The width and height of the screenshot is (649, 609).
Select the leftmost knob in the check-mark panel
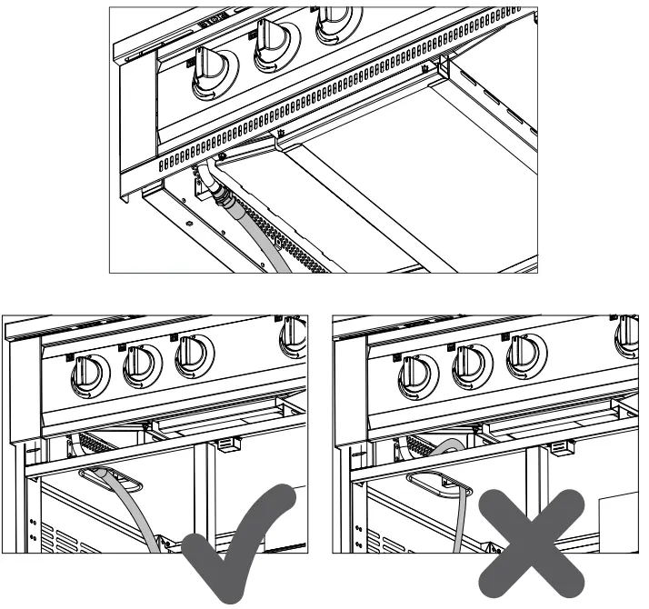coord(89,374)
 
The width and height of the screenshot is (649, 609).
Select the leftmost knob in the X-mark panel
coord(419,374)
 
